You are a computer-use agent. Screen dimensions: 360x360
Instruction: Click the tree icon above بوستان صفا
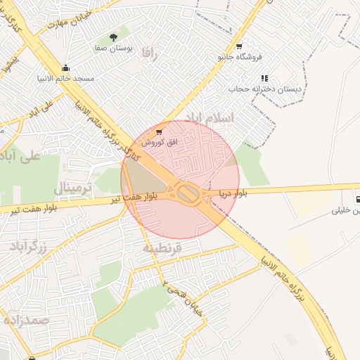[x=114, y=37]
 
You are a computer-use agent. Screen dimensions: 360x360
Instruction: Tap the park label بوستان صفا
[x=114, y=48]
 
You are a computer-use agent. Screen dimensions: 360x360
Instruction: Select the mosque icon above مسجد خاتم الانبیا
[x=65, y=68]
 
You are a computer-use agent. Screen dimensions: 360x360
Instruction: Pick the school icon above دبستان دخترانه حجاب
[x=264, y=78]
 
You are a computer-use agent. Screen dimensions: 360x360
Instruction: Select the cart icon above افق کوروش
[x=159, y=131]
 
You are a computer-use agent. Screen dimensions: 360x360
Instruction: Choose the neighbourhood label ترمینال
[x=72, y=188]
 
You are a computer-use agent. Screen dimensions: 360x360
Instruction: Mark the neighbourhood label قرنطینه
[x=162, y=247]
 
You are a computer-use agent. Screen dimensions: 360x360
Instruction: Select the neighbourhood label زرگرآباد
[x=28, y=246]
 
